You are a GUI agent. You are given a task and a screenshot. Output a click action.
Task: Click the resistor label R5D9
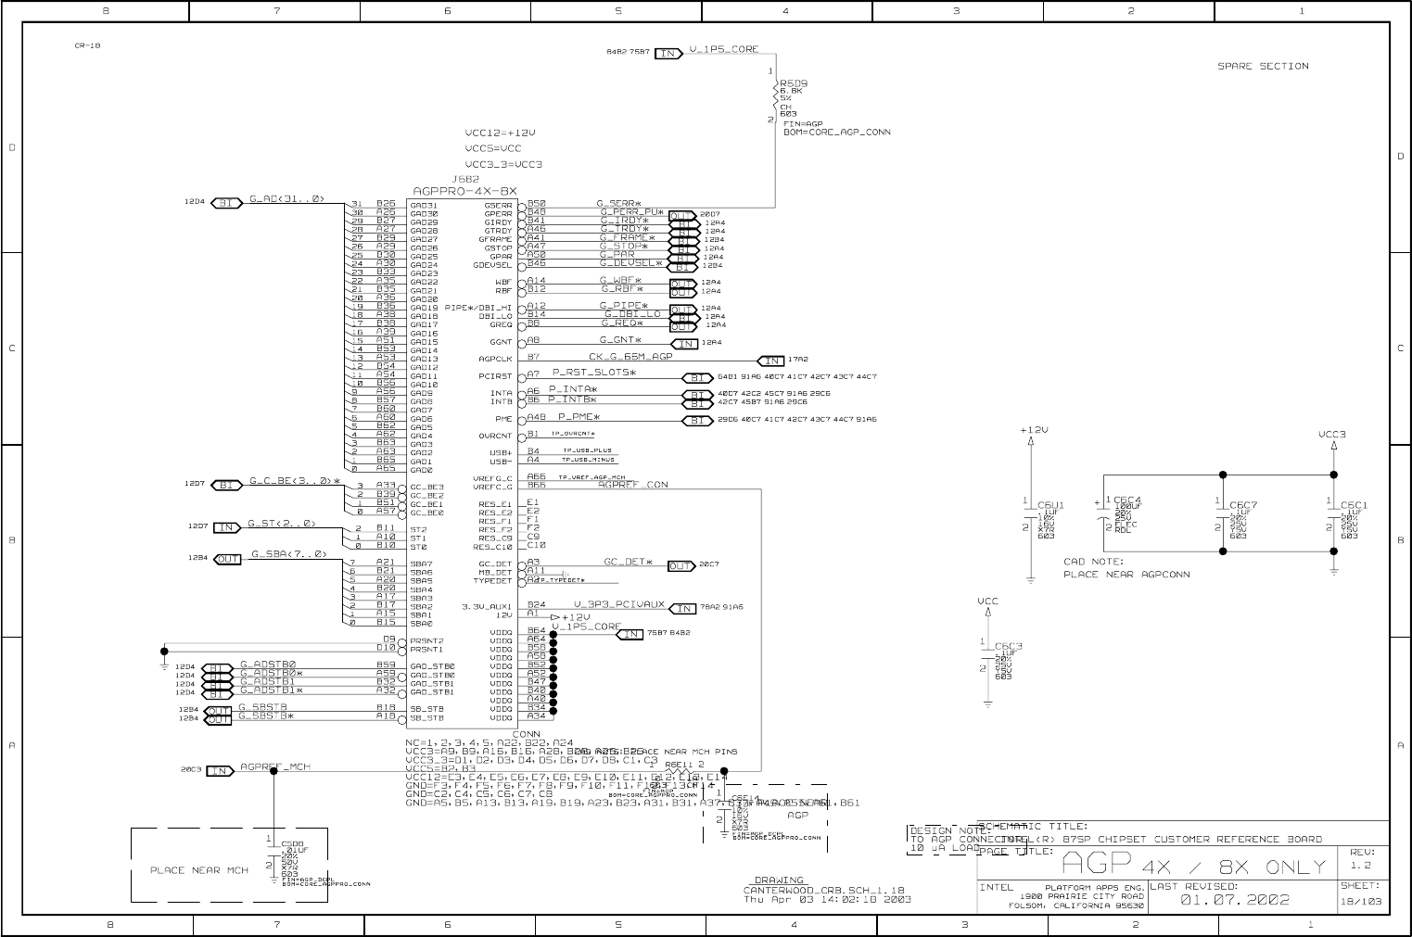pos(794,82)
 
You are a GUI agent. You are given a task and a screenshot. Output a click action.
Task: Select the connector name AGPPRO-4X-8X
pos(464,190)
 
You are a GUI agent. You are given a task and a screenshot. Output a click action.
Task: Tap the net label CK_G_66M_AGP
pos(630,357)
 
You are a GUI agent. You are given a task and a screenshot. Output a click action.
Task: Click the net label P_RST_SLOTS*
pos(594,373)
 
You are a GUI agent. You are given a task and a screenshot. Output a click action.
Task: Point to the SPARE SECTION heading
pos(1263,67)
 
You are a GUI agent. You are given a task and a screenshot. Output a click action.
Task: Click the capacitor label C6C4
pos(1127,500)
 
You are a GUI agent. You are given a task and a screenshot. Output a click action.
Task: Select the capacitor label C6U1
pos(1050,505)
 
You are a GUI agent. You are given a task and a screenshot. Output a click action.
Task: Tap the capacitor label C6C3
pos(1008,646)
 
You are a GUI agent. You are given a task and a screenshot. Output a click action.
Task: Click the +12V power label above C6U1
pos(1033,430)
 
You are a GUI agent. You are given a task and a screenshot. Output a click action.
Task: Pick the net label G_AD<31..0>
pos(286,199)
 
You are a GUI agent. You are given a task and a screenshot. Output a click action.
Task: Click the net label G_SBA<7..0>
pos(288,555)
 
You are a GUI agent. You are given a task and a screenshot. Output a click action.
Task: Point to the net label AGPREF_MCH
pos(275,767)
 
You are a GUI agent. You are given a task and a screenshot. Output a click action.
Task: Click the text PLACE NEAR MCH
pos(198,870)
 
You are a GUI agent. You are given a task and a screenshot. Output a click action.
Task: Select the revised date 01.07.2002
pos(1234,899)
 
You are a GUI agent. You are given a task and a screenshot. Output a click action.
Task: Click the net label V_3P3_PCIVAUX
pos(618,605)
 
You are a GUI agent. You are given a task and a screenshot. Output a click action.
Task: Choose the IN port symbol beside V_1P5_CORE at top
pos(668,53)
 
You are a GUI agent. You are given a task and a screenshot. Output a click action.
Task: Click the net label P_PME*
pos(579,418)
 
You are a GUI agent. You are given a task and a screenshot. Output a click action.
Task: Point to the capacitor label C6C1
pos(1354,506)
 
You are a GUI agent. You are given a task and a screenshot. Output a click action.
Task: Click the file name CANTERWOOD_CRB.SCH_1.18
pos(823,891)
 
